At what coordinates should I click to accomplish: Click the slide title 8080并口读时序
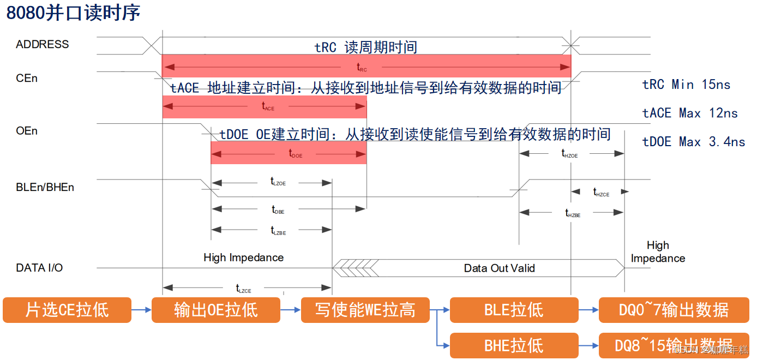click(x=73, y=13)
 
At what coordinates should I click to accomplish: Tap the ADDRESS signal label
click(x=43, y=44)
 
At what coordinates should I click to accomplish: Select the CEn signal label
click(x=27, y=78)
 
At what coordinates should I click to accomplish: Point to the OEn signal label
click(x=27, y=131)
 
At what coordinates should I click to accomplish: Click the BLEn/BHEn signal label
click(x=45, y=187)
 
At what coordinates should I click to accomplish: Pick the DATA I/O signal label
click(x=39, y=268)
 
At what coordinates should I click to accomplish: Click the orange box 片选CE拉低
click(x=67, y=310)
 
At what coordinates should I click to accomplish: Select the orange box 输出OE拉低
click(x=215, y=310)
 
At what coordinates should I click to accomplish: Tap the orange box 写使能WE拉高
click(x=365, y=310)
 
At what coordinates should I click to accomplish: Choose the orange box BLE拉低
click(x=514, y=310)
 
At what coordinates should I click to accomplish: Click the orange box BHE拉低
click(x=514, y=345)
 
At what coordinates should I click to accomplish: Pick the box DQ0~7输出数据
click(x=674, y=310)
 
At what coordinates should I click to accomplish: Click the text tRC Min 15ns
click(x=686, y=85)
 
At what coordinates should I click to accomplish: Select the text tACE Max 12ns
click(x=690, y=113)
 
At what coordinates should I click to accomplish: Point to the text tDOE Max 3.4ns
click(x=693, y=142)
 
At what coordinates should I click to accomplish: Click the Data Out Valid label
click(x=499, y=268)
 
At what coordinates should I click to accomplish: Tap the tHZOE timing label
click(x=569, y=154)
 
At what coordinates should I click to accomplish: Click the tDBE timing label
click(x=278, y=209)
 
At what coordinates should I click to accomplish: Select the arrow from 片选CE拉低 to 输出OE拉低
click(x=141, y=310)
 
